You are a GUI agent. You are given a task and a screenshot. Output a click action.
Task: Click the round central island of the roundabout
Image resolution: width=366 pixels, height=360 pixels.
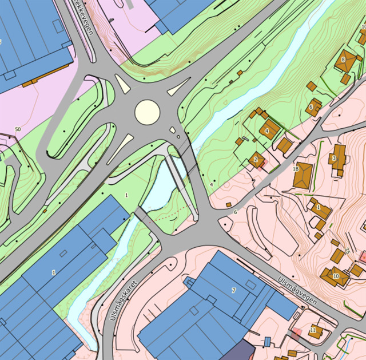point(147,112)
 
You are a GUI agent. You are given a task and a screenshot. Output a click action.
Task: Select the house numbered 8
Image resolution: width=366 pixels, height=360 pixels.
point(344,61)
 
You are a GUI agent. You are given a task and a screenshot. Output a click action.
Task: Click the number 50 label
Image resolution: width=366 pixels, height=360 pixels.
point(18,130)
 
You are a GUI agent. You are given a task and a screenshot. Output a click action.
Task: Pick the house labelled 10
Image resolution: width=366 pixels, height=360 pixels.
point(335,276)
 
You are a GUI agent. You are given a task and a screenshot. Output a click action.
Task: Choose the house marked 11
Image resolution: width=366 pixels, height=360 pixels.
point(314,331)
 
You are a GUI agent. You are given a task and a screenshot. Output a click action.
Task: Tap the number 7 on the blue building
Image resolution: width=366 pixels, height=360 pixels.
point(233,291)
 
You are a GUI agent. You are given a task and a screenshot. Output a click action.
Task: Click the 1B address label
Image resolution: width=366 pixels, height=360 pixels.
point(296,169)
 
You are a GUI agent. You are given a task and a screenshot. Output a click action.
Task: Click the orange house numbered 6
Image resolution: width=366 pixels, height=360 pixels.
point(313,107)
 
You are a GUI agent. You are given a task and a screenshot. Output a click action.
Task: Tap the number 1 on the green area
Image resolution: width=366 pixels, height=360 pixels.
point(126,196)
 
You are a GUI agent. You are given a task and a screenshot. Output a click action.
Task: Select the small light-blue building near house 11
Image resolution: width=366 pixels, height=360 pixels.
point(267,342)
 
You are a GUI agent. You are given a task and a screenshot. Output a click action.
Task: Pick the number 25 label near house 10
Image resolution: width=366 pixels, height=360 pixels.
point(347,251)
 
